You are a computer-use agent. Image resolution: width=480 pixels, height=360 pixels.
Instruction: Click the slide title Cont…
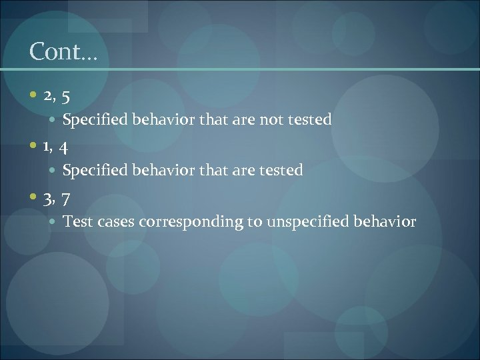63,52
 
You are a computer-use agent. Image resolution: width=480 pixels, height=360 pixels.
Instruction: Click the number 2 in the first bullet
48,97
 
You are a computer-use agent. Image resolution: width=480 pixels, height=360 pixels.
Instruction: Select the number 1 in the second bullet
47,146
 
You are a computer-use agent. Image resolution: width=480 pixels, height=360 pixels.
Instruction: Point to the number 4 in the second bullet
65,147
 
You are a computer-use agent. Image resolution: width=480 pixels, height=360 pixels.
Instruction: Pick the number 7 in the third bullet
66,198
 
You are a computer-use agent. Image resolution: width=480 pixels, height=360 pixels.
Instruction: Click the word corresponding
191,221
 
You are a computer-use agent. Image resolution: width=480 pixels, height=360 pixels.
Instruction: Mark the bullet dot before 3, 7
34,197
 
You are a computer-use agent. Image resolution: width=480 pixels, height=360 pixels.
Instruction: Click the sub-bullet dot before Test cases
53,221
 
